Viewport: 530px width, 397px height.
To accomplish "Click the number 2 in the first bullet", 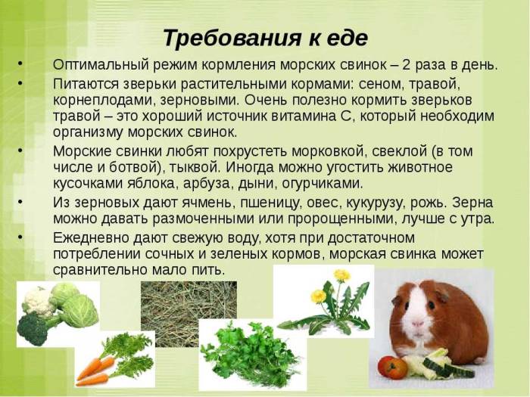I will (x=429, y=65).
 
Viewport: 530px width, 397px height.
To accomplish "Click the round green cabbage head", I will (x=79, y=310).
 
